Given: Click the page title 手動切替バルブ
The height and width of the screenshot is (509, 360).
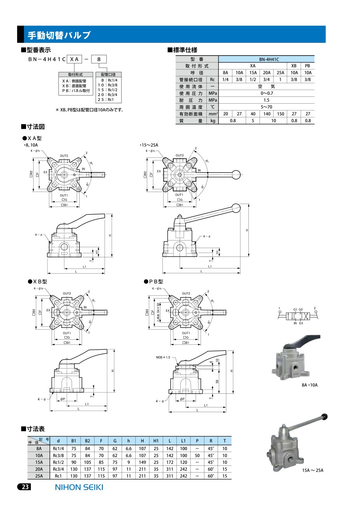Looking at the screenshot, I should [59, 35].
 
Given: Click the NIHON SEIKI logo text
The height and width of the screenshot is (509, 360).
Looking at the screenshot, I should [78, 487].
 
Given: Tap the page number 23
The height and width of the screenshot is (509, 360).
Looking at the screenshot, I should [24, 487].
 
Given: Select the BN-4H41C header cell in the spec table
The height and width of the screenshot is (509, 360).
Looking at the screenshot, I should [267, 59].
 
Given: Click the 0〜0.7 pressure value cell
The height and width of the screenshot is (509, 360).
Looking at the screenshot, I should [267, 93].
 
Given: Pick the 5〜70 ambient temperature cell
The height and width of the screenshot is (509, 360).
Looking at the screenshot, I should [267, 107].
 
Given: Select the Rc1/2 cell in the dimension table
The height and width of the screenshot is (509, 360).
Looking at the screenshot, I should [58, 462].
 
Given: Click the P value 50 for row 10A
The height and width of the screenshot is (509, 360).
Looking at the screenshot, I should [197, 455].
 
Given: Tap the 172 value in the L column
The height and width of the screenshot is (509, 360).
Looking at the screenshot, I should [170, 462].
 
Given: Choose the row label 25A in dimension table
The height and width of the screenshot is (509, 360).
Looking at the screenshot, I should [39, 476].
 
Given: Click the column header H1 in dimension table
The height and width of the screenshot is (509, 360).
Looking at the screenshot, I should [156, 441].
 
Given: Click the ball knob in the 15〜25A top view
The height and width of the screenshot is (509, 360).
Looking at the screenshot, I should [237, 174].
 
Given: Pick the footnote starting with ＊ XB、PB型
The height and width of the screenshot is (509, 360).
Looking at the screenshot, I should [90, 110].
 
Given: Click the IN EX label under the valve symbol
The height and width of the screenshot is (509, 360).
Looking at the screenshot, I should [298, 323].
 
